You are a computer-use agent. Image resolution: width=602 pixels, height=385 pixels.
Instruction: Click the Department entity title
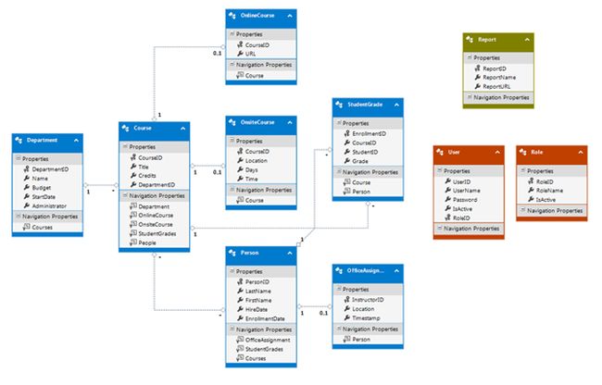click(x=43, y=142)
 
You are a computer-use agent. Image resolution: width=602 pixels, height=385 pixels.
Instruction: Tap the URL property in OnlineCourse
click(x=250, y=54)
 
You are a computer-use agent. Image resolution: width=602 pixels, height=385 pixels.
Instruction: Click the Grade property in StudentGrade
click(x=359, y=161)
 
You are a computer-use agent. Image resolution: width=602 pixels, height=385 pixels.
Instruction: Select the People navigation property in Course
click(x=147, y=242)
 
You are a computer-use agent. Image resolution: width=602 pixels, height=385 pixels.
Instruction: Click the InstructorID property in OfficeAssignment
click(x=368, y=298)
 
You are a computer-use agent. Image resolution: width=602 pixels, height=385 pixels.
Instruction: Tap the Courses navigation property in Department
click(x=43, y=227)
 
